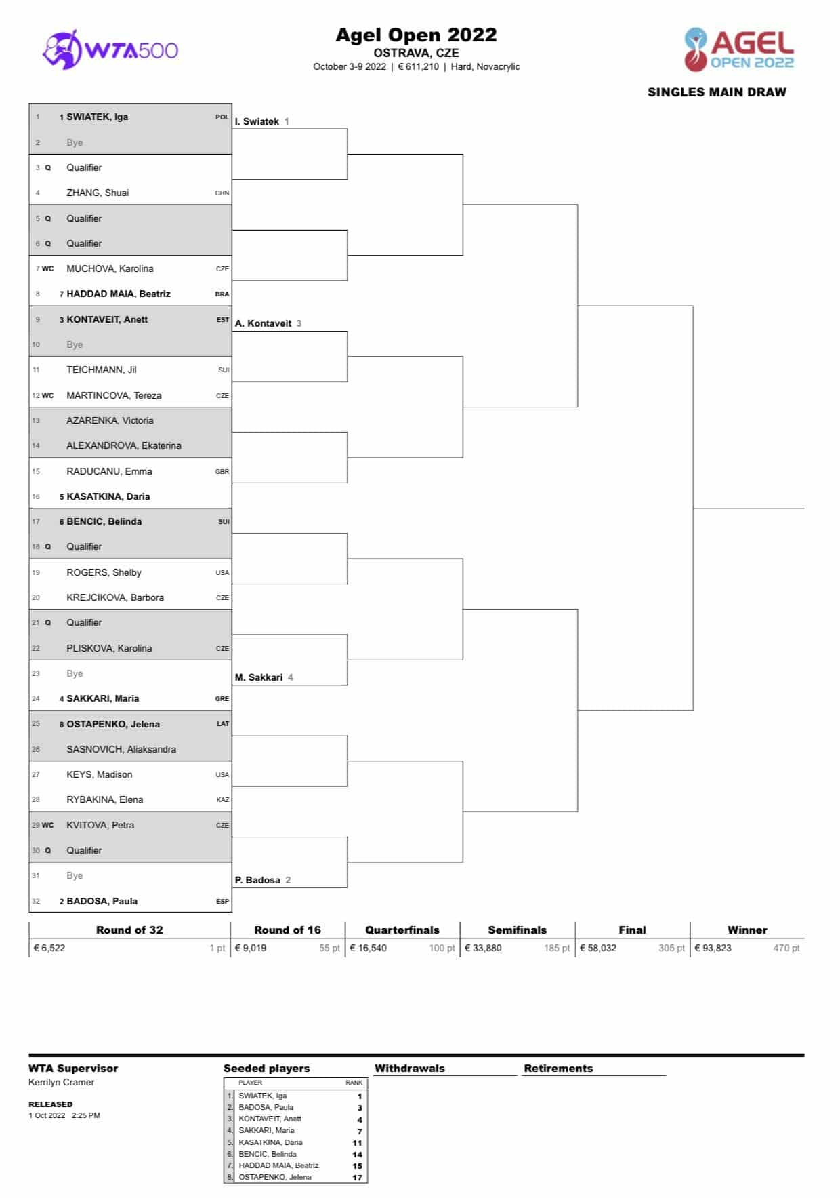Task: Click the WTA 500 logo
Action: (110, 49)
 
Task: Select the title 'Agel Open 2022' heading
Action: (416, 35)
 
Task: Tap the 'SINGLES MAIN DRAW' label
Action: (717, 92)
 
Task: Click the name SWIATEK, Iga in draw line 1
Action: (97, 117)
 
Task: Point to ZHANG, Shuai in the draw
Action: (97, 193)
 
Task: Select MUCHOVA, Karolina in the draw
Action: (110, 268)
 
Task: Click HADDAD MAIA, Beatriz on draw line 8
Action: (118, 294)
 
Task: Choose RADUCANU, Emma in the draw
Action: (109, 471)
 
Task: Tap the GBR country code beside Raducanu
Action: (222, 471)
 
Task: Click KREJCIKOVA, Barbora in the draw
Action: (114, 597)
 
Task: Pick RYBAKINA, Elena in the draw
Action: (104, 799)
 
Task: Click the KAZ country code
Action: (222, 800)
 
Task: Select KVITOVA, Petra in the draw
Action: (100, 825)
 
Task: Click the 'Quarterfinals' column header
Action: (402, 930)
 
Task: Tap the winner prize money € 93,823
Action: (713, 948)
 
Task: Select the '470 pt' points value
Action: (786, 948)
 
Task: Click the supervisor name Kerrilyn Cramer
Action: (61, 1082)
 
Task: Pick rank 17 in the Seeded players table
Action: (357, 1177)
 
